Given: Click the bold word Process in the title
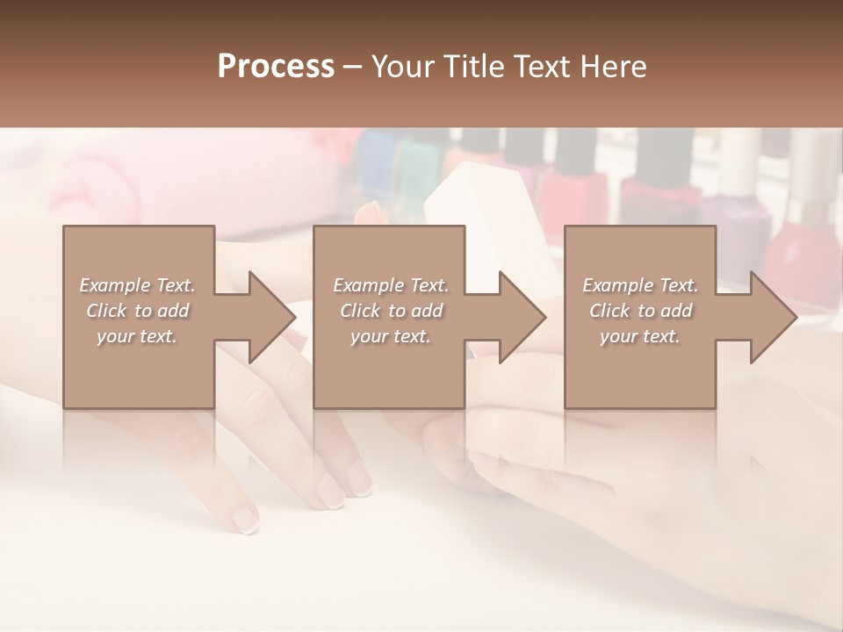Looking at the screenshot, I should click(276, 67).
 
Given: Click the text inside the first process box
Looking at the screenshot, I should click(137, 311).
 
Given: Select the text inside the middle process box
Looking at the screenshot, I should click(390, 311).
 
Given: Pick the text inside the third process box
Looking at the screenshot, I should click(640, 311).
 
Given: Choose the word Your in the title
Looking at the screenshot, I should click(400, 67).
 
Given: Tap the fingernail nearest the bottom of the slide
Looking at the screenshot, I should click(245, 522).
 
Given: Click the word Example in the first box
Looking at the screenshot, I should click(114, 285).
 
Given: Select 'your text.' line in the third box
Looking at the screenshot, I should click(640, 336).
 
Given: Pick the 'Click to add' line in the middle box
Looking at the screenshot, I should click(390, 311).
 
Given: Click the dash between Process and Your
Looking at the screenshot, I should click(353, 67).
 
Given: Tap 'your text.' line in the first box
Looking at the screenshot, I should click(137, 336).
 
